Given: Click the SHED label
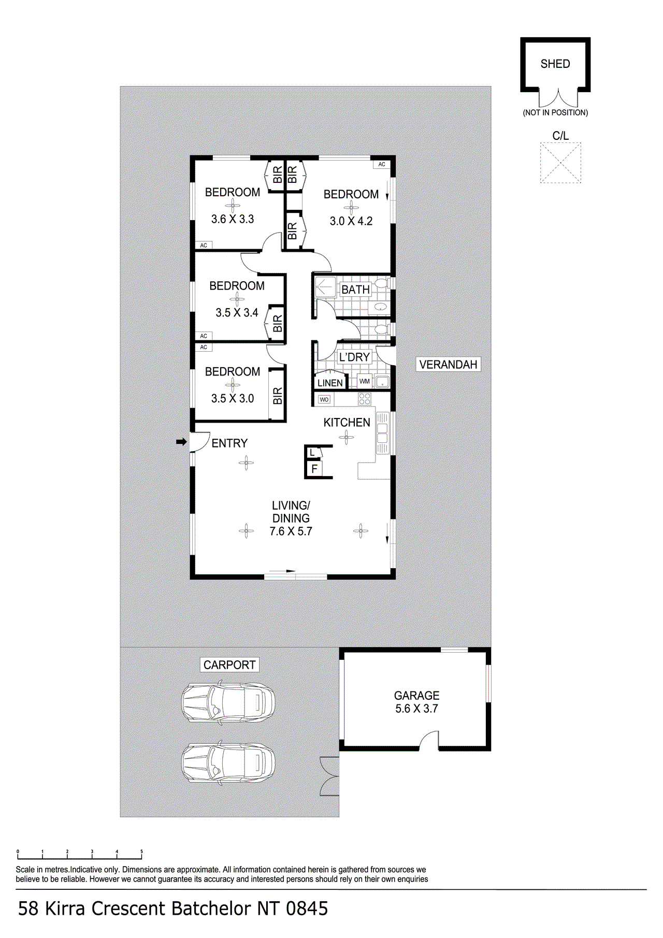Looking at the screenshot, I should [x=555, y=64].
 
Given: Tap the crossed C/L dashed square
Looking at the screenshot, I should [x=560, y=163].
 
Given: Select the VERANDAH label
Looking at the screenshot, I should [x=448, y=365].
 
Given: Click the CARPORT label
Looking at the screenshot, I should [x=229, y=665].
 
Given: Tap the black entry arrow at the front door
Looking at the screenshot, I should [x=181, y=442].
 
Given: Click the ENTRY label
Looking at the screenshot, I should [x=229, y=443].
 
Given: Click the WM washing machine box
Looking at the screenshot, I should [x=365, y=381].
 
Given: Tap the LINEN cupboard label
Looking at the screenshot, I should [x=330, y=383].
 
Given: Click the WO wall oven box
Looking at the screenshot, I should [x=324, y=399].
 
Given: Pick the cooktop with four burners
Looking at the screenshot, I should [x=365, y=399].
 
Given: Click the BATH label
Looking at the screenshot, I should [x=355, y=290].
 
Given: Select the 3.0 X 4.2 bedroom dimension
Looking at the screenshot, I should [x=351, y=221].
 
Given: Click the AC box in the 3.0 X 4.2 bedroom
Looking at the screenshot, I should [x=382, y=164].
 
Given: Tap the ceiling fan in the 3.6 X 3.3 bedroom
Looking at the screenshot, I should [x=233, y=206].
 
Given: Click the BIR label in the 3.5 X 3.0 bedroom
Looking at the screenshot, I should [x=278, y=396].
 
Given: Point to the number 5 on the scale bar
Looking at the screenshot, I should [x=141, y=852].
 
